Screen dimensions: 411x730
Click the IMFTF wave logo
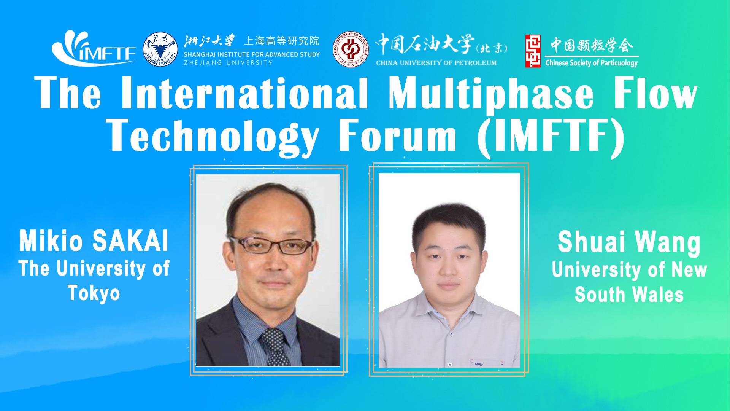coord(94,48)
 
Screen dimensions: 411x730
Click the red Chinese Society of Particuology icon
coord(533,51)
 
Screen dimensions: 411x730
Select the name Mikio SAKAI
coord(94,242)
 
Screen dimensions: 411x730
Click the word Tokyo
coord(94,293)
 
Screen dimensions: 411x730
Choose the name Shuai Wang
coord(629,242)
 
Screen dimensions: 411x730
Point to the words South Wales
coord(629,295)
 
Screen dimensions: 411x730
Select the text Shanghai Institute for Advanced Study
coord(251,54)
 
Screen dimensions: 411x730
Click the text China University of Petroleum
coord(436,63)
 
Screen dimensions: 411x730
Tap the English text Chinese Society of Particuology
coord(591,63)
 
